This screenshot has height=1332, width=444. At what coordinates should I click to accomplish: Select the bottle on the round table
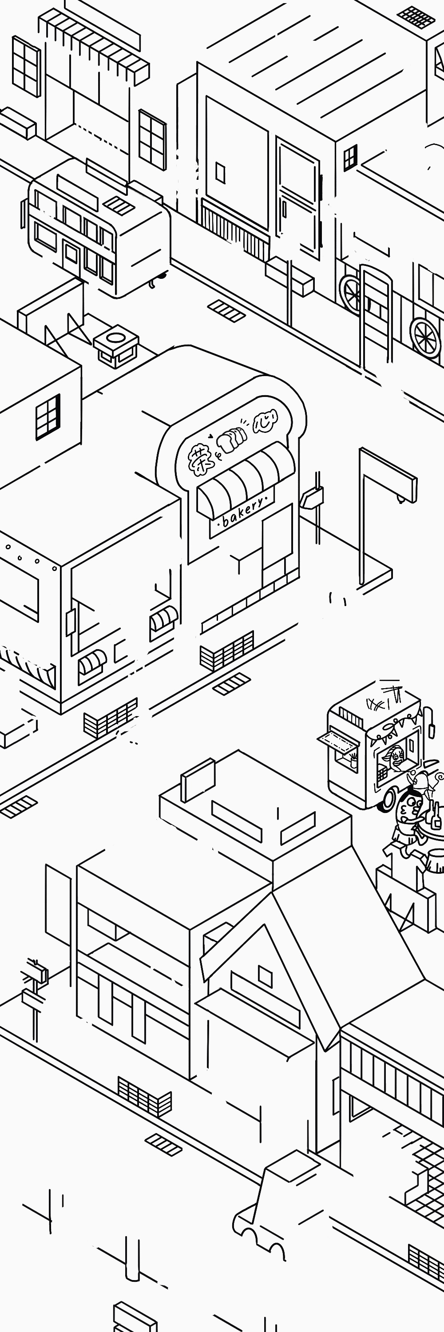point(437,817)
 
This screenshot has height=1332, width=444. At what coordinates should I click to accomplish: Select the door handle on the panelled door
point(284,210)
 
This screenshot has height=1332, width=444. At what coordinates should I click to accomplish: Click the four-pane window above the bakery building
point(48,417)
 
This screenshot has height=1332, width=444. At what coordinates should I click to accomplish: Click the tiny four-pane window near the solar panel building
point(350,158)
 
